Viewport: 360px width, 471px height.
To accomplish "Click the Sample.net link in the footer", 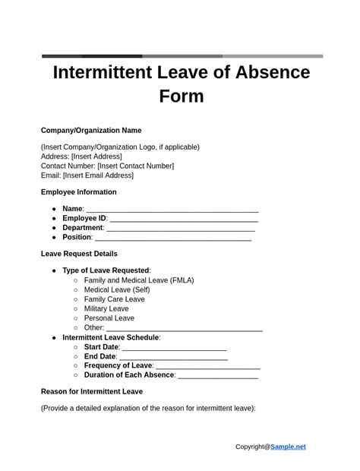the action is (288, 447).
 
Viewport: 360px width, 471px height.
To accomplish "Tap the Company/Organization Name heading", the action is (91, 131).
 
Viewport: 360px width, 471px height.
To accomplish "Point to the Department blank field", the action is (181, 228).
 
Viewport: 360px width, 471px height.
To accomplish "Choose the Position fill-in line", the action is (172, 238).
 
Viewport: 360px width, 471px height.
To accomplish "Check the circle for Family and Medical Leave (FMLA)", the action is (76, 280).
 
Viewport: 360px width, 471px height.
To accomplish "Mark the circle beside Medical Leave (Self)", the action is (76, 290).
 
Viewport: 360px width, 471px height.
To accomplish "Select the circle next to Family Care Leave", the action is (76, 299).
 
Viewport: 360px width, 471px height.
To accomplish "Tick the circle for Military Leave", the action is (76, 309).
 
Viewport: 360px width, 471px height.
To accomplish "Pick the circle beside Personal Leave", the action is (76, 318).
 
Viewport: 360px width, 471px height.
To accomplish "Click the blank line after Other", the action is (184, 328).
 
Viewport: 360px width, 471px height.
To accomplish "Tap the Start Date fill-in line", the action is (174, 347).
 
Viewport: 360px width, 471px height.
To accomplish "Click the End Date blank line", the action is (173, 356).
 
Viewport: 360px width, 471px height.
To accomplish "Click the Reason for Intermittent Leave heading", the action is (92, 392).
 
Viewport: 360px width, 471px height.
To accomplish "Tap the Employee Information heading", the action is (79, 192).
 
